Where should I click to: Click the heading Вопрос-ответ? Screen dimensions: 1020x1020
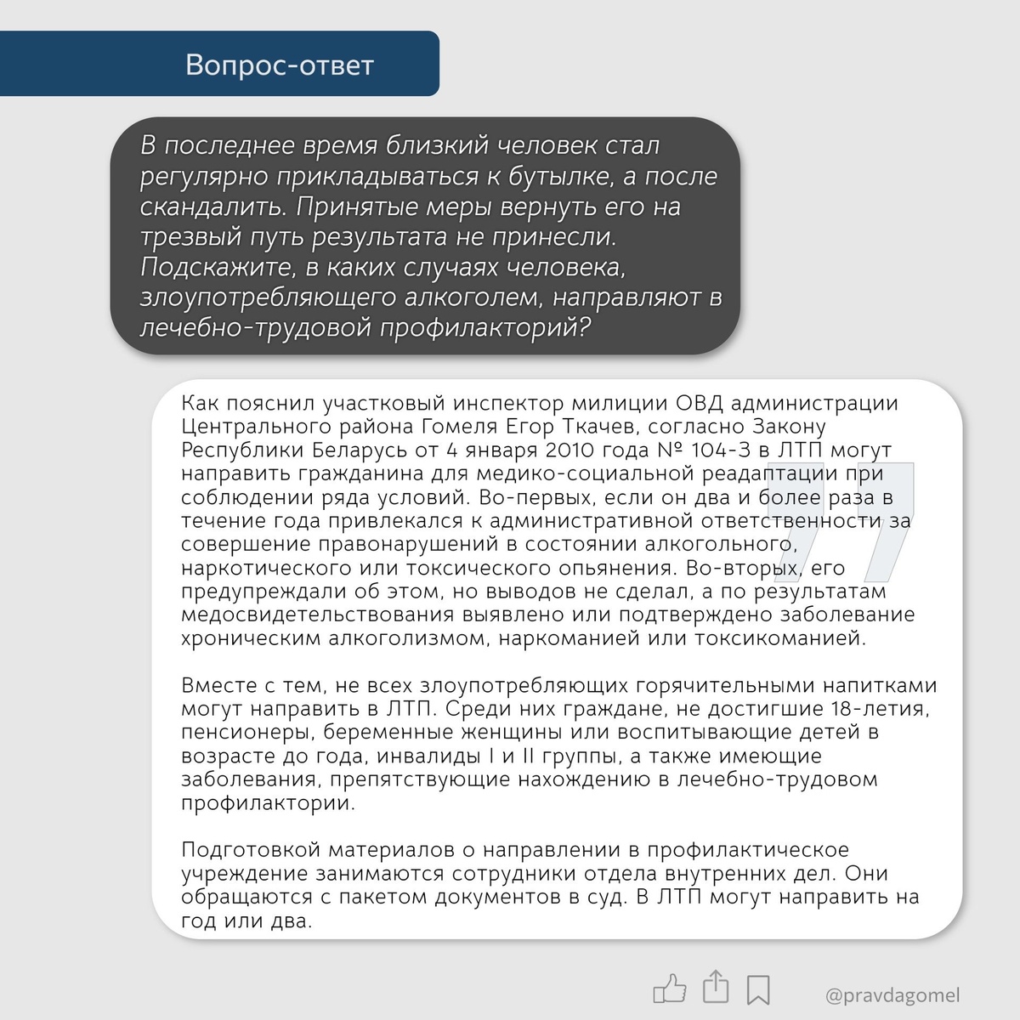280,65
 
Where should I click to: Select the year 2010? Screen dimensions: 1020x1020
569,450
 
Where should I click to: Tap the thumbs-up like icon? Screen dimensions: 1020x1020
670,989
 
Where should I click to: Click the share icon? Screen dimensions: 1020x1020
716,987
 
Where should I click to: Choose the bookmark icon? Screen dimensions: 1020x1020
758,989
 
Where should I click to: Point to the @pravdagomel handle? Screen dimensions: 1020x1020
892,994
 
